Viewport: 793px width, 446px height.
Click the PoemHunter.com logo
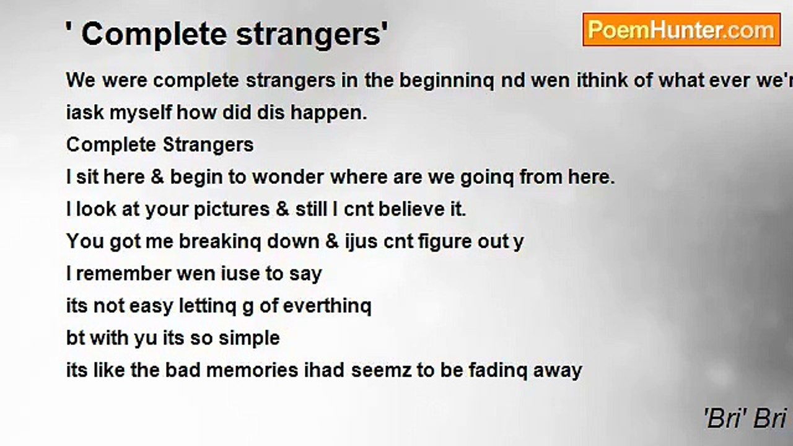681,30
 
